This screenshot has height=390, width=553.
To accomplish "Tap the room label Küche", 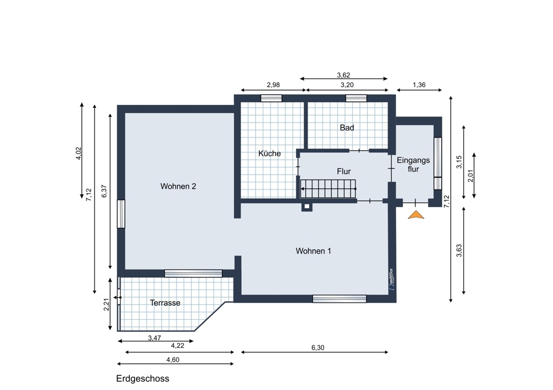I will point(269,154).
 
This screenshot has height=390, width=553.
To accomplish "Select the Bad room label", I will point(347,128).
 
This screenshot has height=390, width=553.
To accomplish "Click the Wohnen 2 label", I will point(178,186).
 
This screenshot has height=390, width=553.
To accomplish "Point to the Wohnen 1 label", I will point(313,251).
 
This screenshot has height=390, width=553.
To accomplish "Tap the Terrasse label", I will point(165,303).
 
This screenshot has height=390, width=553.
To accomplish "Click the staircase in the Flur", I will point(328,188).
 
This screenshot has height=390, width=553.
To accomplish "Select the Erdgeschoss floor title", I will point(142,378).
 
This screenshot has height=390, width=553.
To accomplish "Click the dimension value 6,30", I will point(317,347).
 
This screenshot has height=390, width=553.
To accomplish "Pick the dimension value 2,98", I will point(273,85).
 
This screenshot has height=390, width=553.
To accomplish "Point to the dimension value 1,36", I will point(419,85).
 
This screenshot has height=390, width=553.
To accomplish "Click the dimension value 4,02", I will point(79,153).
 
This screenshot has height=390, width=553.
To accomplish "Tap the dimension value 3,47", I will point(154,338).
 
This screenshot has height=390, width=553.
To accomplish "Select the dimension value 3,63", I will point(458,251).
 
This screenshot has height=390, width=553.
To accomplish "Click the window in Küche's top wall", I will point(271,98).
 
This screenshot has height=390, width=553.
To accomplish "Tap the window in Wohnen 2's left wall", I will point(121,214).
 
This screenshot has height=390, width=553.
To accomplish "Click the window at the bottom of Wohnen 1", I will point(339,299).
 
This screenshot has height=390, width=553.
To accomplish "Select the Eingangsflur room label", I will point(413,165).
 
